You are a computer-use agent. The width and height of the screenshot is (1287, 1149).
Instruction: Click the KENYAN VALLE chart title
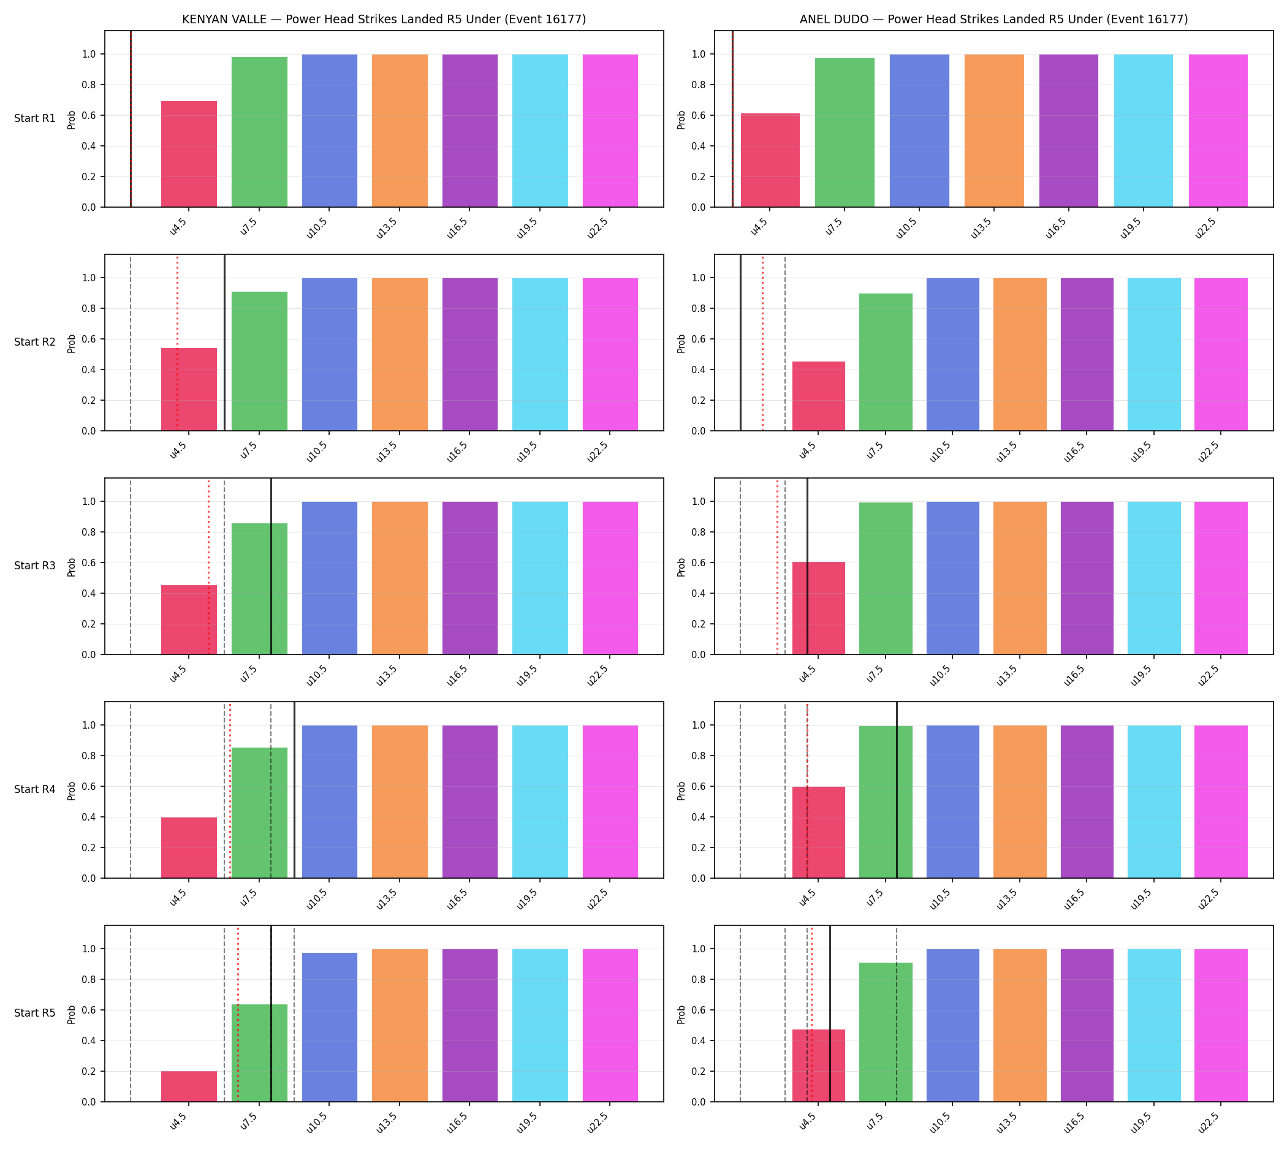(384, 20)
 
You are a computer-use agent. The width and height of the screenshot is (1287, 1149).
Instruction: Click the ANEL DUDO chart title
(993, 20)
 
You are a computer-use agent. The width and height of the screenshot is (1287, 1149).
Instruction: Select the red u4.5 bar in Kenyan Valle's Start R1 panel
(189, 154)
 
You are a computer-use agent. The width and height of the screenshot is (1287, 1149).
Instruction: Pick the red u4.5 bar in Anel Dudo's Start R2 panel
(818, 396)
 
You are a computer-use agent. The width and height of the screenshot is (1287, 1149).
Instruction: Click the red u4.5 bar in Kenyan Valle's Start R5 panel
(189, 1086)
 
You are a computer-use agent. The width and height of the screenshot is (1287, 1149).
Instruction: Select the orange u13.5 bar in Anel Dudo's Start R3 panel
(1020, 578)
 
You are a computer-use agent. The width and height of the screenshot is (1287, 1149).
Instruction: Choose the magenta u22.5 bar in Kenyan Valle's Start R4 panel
(610, 802)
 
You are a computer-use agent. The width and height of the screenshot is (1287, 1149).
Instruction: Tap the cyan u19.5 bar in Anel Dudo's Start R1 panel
(1143, 131)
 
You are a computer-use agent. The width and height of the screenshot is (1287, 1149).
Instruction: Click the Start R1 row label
(35, 119)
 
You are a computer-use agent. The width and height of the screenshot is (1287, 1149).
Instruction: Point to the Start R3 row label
(35, 566)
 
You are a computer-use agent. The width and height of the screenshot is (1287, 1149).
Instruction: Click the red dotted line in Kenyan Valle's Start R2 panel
(178, 343)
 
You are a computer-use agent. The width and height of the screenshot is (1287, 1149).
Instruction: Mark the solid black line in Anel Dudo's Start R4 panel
(897, 790)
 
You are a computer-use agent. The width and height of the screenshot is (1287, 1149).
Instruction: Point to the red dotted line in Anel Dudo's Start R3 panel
(777, 566)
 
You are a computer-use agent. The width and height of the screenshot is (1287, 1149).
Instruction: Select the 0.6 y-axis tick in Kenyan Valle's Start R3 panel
(88, 563)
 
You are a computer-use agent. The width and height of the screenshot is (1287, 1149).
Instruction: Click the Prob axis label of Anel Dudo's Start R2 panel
(681, 343)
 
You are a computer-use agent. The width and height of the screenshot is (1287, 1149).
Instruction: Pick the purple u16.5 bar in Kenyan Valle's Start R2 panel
(470, 354)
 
